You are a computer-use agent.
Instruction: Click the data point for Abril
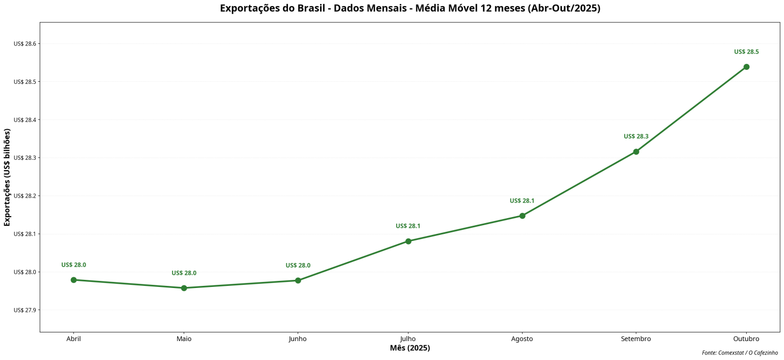(73, 280)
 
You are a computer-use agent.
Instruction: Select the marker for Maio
(184, 288)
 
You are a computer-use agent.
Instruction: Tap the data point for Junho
(298, 280)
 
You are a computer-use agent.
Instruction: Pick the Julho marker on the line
(408, 241)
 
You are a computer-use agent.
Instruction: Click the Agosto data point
(522, 215)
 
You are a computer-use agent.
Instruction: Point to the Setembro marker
(636, 152)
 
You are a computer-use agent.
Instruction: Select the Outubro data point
(746, 67)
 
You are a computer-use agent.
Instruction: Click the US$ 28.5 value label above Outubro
(746, 52)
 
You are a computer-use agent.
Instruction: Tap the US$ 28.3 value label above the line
(636, 136)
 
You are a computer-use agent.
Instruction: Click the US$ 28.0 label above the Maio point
(184, 273)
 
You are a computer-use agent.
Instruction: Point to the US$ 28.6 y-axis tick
(26, 44)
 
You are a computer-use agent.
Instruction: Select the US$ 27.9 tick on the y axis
(26, 310)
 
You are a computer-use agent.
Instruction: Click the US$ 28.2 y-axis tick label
(26, 196)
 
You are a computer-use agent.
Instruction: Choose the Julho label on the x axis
(408, 339)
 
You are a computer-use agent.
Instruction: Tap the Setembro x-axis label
(636, 339)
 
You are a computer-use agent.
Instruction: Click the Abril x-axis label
(73, 339)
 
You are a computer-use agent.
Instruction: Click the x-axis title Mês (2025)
(410, 348)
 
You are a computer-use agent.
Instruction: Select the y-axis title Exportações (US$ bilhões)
(7, 177)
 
